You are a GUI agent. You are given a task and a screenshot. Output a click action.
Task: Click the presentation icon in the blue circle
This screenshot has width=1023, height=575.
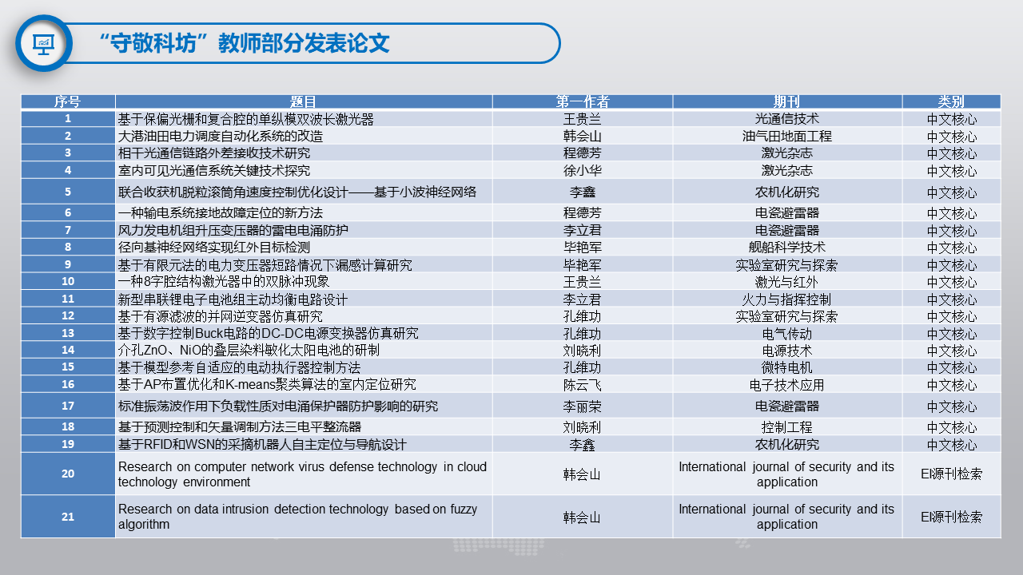pos(43,44)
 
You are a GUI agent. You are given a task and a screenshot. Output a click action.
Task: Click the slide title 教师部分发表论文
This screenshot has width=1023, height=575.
pos(304,43)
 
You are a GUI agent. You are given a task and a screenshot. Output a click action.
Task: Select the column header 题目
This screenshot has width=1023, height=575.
pos(303,101)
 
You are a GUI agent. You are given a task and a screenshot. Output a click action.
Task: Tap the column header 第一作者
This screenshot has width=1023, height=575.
pos(583,101)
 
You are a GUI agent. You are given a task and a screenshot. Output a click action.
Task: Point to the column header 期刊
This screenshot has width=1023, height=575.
pos(787,101)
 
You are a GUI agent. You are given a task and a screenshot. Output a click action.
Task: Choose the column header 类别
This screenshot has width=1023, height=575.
pos(951,101)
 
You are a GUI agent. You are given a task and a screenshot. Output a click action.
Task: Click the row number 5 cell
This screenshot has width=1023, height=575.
pos(68,192)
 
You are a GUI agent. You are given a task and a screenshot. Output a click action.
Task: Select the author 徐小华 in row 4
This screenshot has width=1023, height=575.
pos(583,171)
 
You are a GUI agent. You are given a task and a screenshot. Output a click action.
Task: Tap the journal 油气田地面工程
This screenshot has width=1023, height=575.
pos(787,136)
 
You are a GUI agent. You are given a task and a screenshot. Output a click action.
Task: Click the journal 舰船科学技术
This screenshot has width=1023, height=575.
pos(787,248)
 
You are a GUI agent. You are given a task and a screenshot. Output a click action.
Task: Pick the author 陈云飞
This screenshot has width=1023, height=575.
pos(583,385)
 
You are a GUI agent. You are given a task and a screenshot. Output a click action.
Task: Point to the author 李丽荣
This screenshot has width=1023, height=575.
pos(583,406)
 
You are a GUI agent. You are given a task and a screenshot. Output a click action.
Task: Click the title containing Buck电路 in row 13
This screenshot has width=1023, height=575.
pos(268,333)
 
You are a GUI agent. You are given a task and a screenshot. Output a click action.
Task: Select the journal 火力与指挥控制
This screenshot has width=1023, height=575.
pos(787,299)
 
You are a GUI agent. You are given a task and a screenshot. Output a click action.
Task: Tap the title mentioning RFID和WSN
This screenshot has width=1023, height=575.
pos(262,445)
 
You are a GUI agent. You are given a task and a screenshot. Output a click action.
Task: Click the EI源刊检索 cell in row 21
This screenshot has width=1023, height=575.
pos(951,517)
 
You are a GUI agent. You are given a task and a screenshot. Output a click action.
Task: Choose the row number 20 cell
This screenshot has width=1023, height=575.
pos(68,474)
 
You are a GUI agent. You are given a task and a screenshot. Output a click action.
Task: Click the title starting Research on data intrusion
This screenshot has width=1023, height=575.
pos(298,517)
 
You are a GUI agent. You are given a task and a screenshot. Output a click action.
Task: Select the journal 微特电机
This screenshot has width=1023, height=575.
pos(787,367)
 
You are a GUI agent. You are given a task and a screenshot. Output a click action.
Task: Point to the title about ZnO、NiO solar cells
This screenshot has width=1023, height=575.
pos(249,350)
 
